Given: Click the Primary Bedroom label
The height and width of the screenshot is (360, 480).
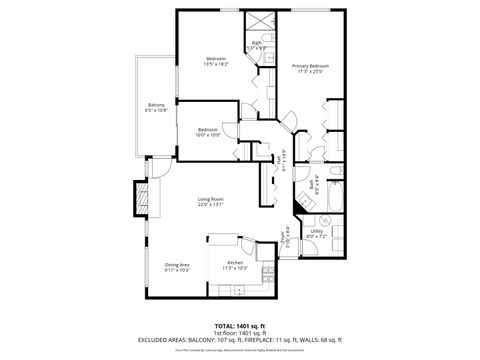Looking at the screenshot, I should [311, 66].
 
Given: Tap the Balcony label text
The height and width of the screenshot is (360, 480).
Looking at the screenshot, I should [156, 104].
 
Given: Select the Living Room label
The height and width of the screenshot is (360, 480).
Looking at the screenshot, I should [210, 199].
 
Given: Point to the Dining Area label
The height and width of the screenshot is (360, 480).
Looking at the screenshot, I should [178, 264].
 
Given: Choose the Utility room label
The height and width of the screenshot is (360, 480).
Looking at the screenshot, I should [316, 230].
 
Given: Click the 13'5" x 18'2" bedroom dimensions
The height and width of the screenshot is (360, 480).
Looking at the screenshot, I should [217, 65].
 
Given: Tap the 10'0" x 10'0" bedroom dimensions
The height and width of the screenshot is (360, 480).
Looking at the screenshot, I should [208, 134].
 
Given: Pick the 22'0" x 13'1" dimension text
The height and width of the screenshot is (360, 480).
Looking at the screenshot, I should [210, 205].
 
